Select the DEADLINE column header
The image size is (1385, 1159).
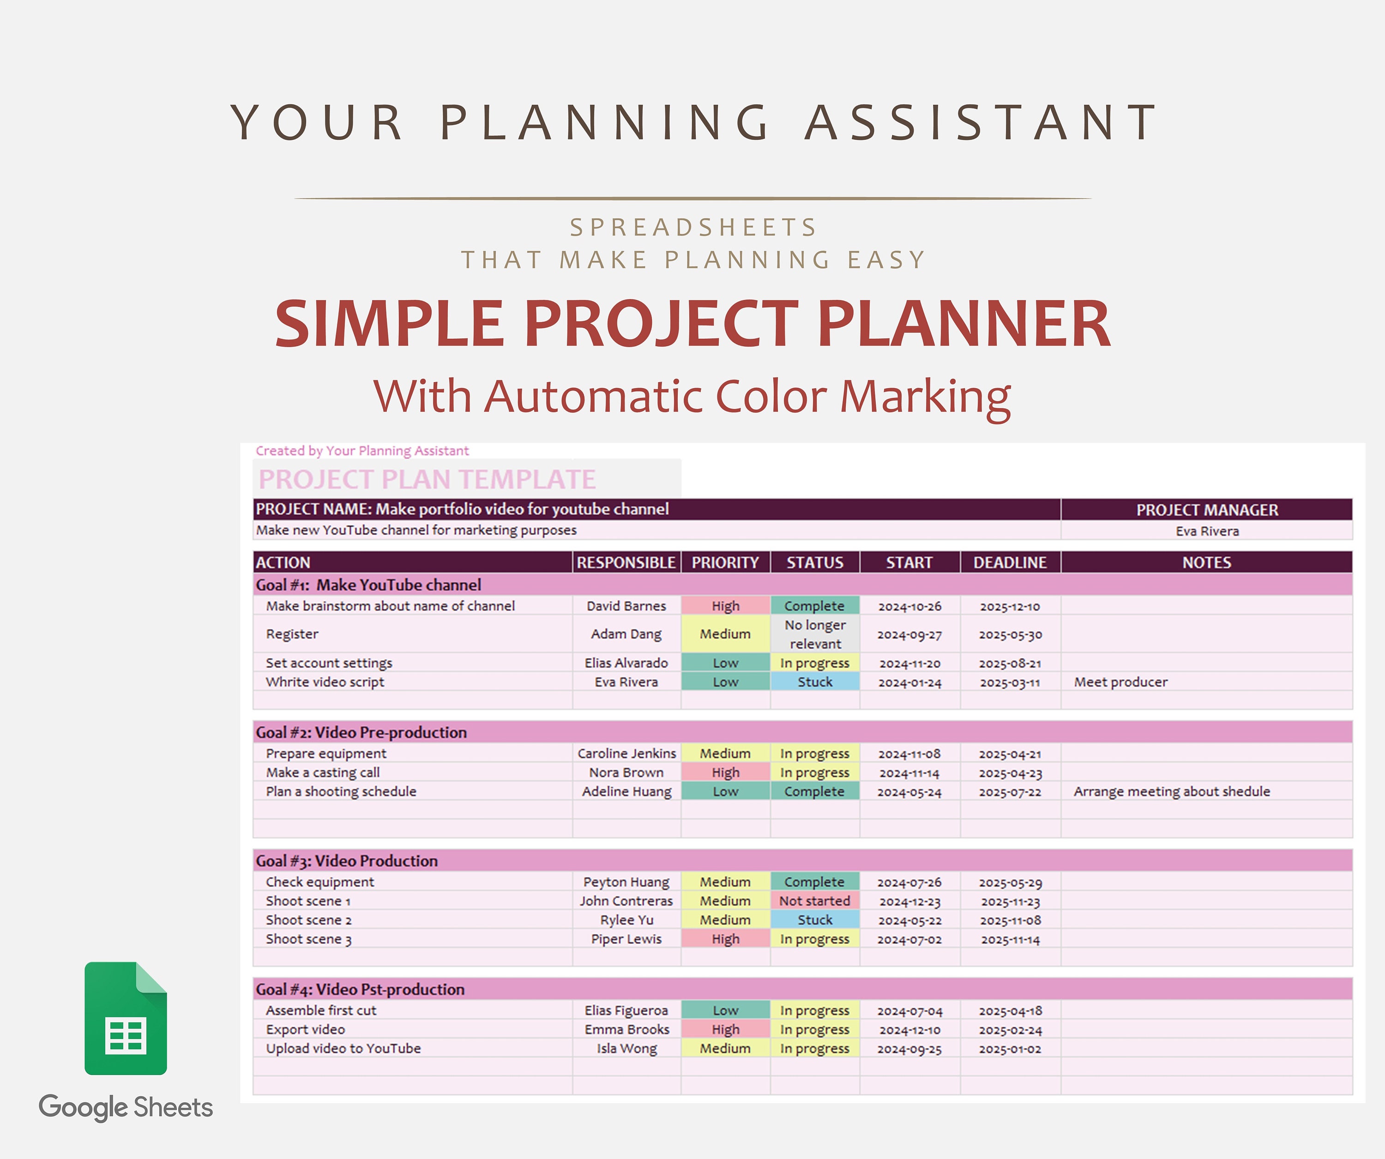point(1010,562)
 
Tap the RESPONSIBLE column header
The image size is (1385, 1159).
point(626,562)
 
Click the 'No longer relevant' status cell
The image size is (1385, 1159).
point(815,634)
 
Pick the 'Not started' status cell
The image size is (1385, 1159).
point(815,901)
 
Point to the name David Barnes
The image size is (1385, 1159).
point(626,606)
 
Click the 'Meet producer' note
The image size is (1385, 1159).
point(1120,682)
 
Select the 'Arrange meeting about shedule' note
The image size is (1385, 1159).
point(1171,791)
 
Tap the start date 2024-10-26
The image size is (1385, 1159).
point(909,607)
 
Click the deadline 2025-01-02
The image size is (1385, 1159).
point(1010,1049)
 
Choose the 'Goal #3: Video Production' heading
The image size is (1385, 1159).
point(347,860)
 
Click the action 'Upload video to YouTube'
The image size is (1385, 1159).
point(343,1048)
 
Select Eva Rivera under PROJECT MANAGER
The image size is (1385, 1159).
point(1207,531)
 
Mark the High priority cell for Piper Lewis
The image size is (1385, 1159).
point(725,939)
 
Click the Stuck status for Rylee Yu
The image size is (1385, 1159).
point(815,920)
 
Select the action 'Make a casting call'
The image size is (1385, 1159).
point(323,772)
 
